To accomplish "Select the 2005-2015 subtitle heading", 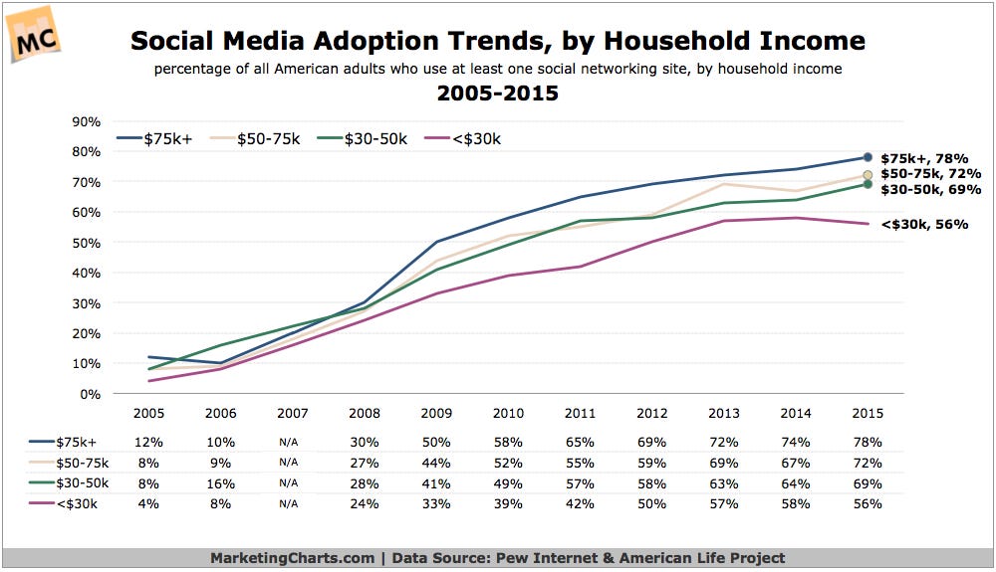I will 497,95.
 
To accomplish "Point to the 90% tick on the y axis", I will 87,121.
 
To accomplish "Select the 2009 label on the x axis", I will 437,413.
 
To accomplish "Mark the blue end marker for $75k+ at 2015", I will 868,157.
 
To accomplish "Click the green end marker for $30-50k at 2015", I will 868,184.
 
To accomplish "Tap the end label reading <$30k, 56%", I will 924,225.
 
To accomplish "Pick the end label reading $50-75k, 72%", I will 930,174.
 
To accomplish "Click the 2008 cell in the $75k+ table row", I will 365,442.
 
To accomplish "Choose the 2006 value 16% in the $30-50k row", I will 220,483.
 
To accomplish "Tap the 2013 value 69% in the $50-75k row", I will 725,463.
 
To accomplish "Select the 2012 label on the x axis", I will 653,413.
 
